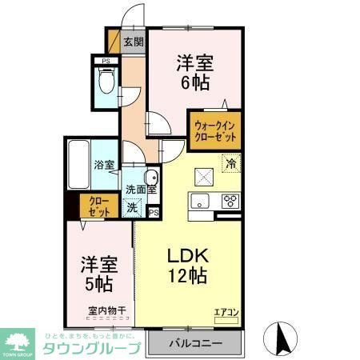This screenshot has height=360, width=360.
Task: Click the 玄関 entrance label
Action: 133,42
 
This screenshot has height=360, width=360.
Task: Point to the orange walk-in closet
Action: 216,130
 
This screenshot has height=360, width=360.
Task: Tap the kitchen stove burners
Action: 230,199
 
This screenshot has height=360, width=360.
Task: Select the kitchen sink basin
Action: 200,199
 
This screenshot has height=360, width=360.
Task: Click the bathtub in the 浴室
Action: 78,164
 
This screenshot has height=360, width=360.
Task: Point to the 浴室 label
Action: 104,165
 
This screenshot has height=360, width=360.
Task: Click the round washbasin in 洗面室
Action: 150,178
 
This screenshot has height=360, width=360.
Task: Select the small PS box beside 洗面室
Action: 153,212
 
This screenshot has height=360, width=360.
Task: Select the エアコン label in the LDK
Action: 226,312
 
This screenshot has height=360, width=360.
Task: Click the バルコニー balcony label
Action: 196,344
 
